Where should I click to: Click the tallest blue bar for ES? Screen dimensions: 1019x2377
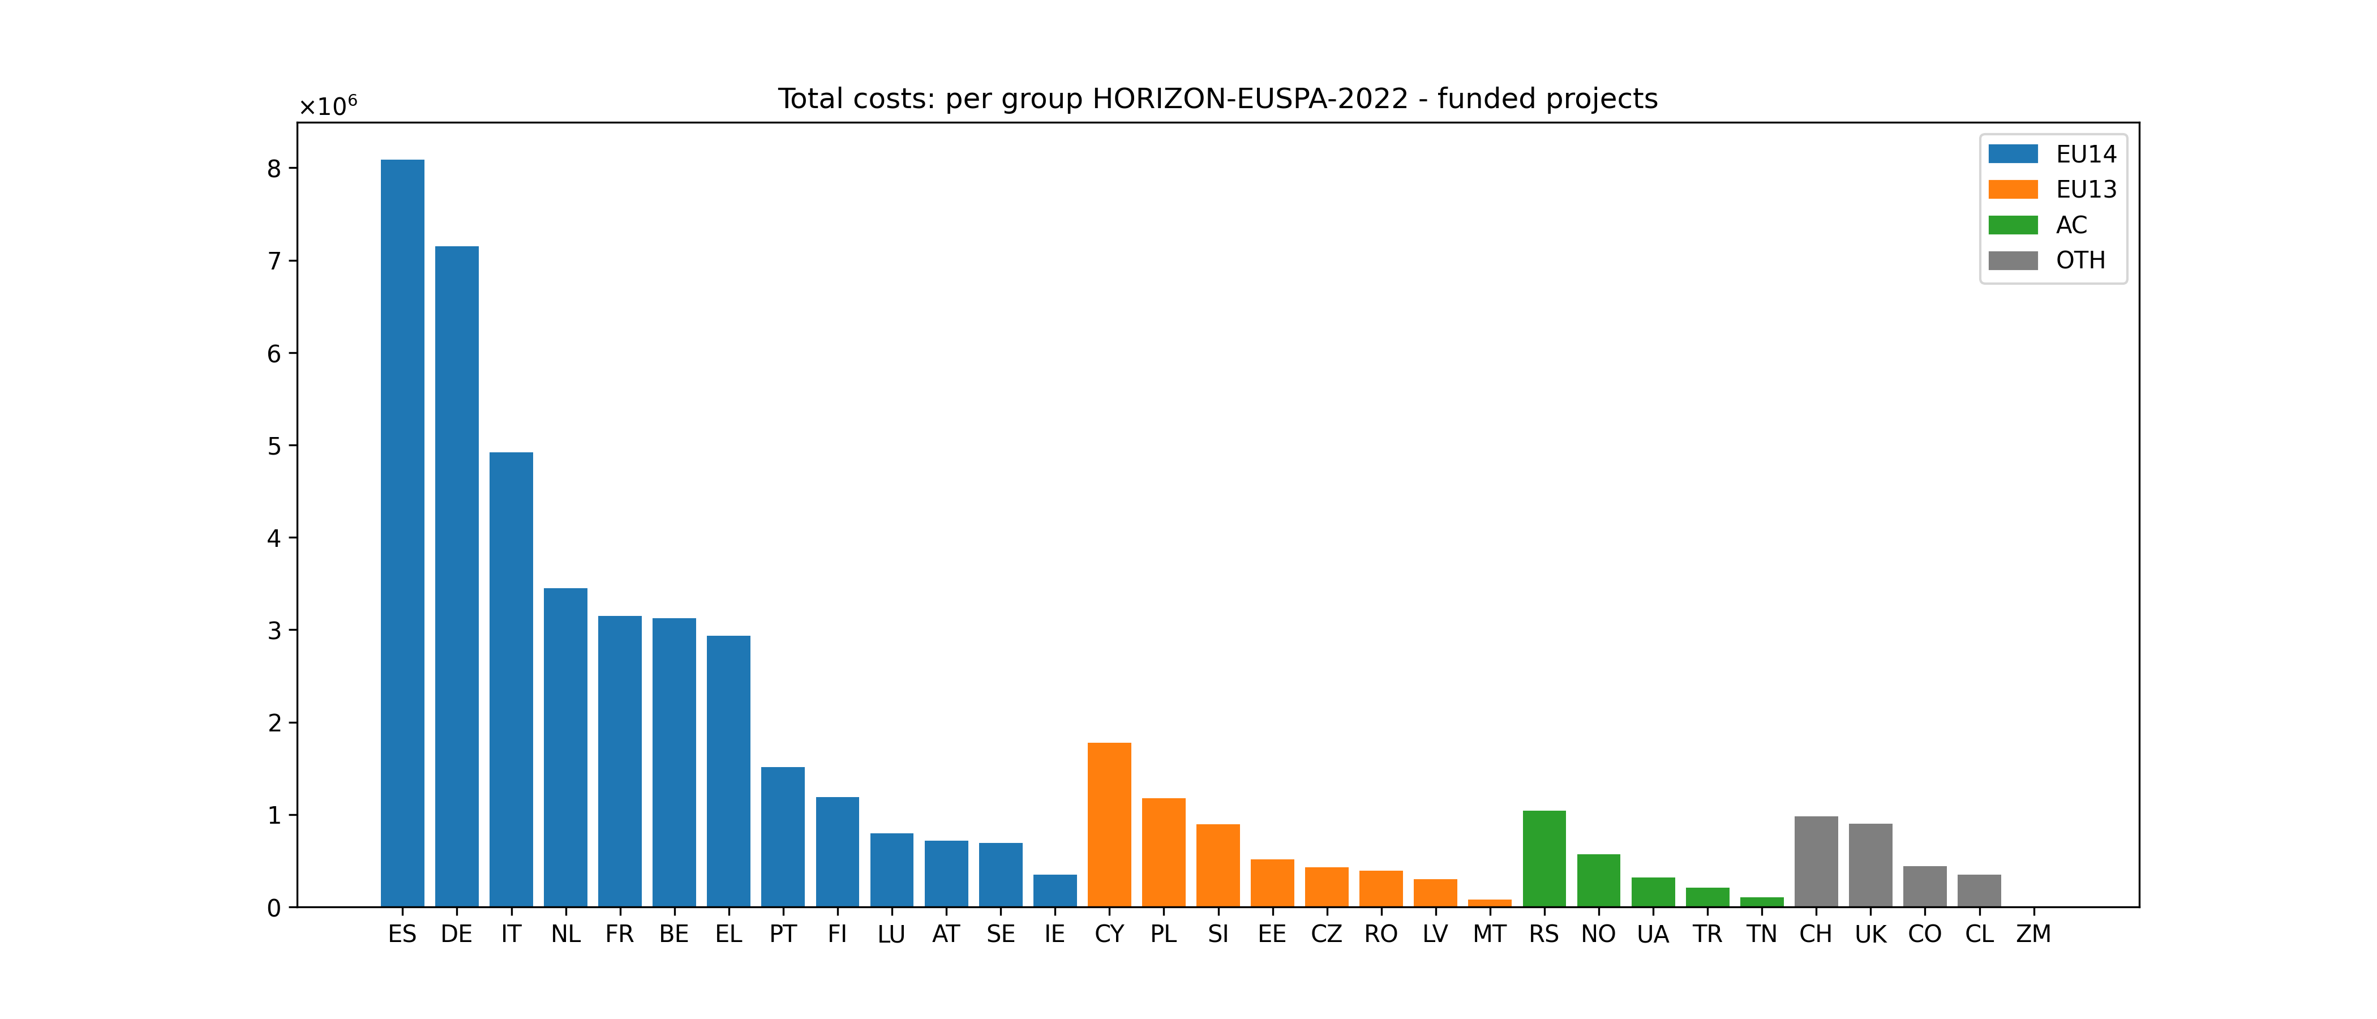coord(402,533)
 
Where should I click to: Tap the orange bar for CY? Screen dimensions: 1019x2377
coord(1109,824)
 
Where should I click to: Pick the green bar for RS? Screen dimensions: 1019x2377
coord(1544,858)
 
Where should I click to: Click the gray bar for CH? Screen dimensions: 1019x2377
coord(1816,861)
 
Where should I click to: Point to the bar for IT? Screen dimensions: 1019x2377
coord(511,679)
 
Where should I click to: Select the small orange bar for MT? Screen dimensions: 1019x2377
coord(1490,903)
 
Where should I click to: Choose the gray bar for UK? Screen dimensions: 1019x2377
coord(1870,865)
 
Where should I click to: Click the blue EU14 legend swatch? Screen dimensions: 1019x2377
coord(2013,154)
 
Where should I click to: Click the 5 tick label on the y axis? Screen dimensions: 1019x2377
coord(274,447)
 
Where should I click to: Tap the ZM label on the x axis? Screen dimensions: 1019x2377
coord(2033,934)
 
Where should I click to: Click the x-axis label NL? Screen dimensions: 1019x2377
coord(565,934)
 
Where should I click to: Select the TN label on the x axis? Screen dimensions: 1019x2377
coord(1761,934)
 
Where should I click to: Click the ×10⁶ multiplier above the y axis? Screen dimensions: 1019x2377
coord(328,107)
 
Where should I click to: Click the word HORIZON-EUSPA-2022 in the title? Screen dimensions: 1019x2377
coord(1250,99)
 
